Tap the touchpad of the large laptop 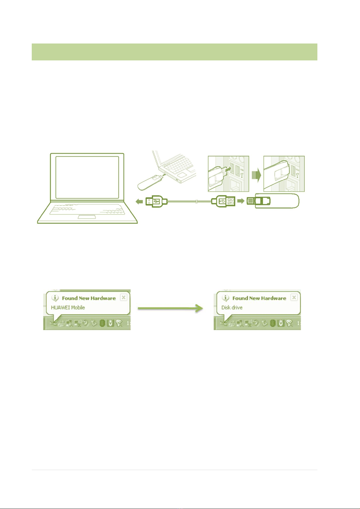[87, 217]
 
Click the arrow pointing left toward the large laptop [139, 201]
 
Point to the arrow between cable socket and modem [241, 201]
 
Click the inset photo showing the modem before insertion [228, 174]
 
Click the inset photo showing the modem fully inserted [284, 174]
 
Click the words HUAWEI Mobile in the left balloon [68, 308]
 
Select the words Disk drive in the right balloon [232, 308]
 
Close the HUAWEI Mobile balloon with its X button [123, 298]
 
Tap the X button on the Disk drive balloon [294, 298]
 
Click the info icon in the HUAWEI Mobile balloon [55, 298]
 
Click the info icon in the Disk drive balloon [225, 298]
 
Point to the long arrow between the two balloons [170, 308]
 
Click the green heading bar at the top [174, 52]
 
